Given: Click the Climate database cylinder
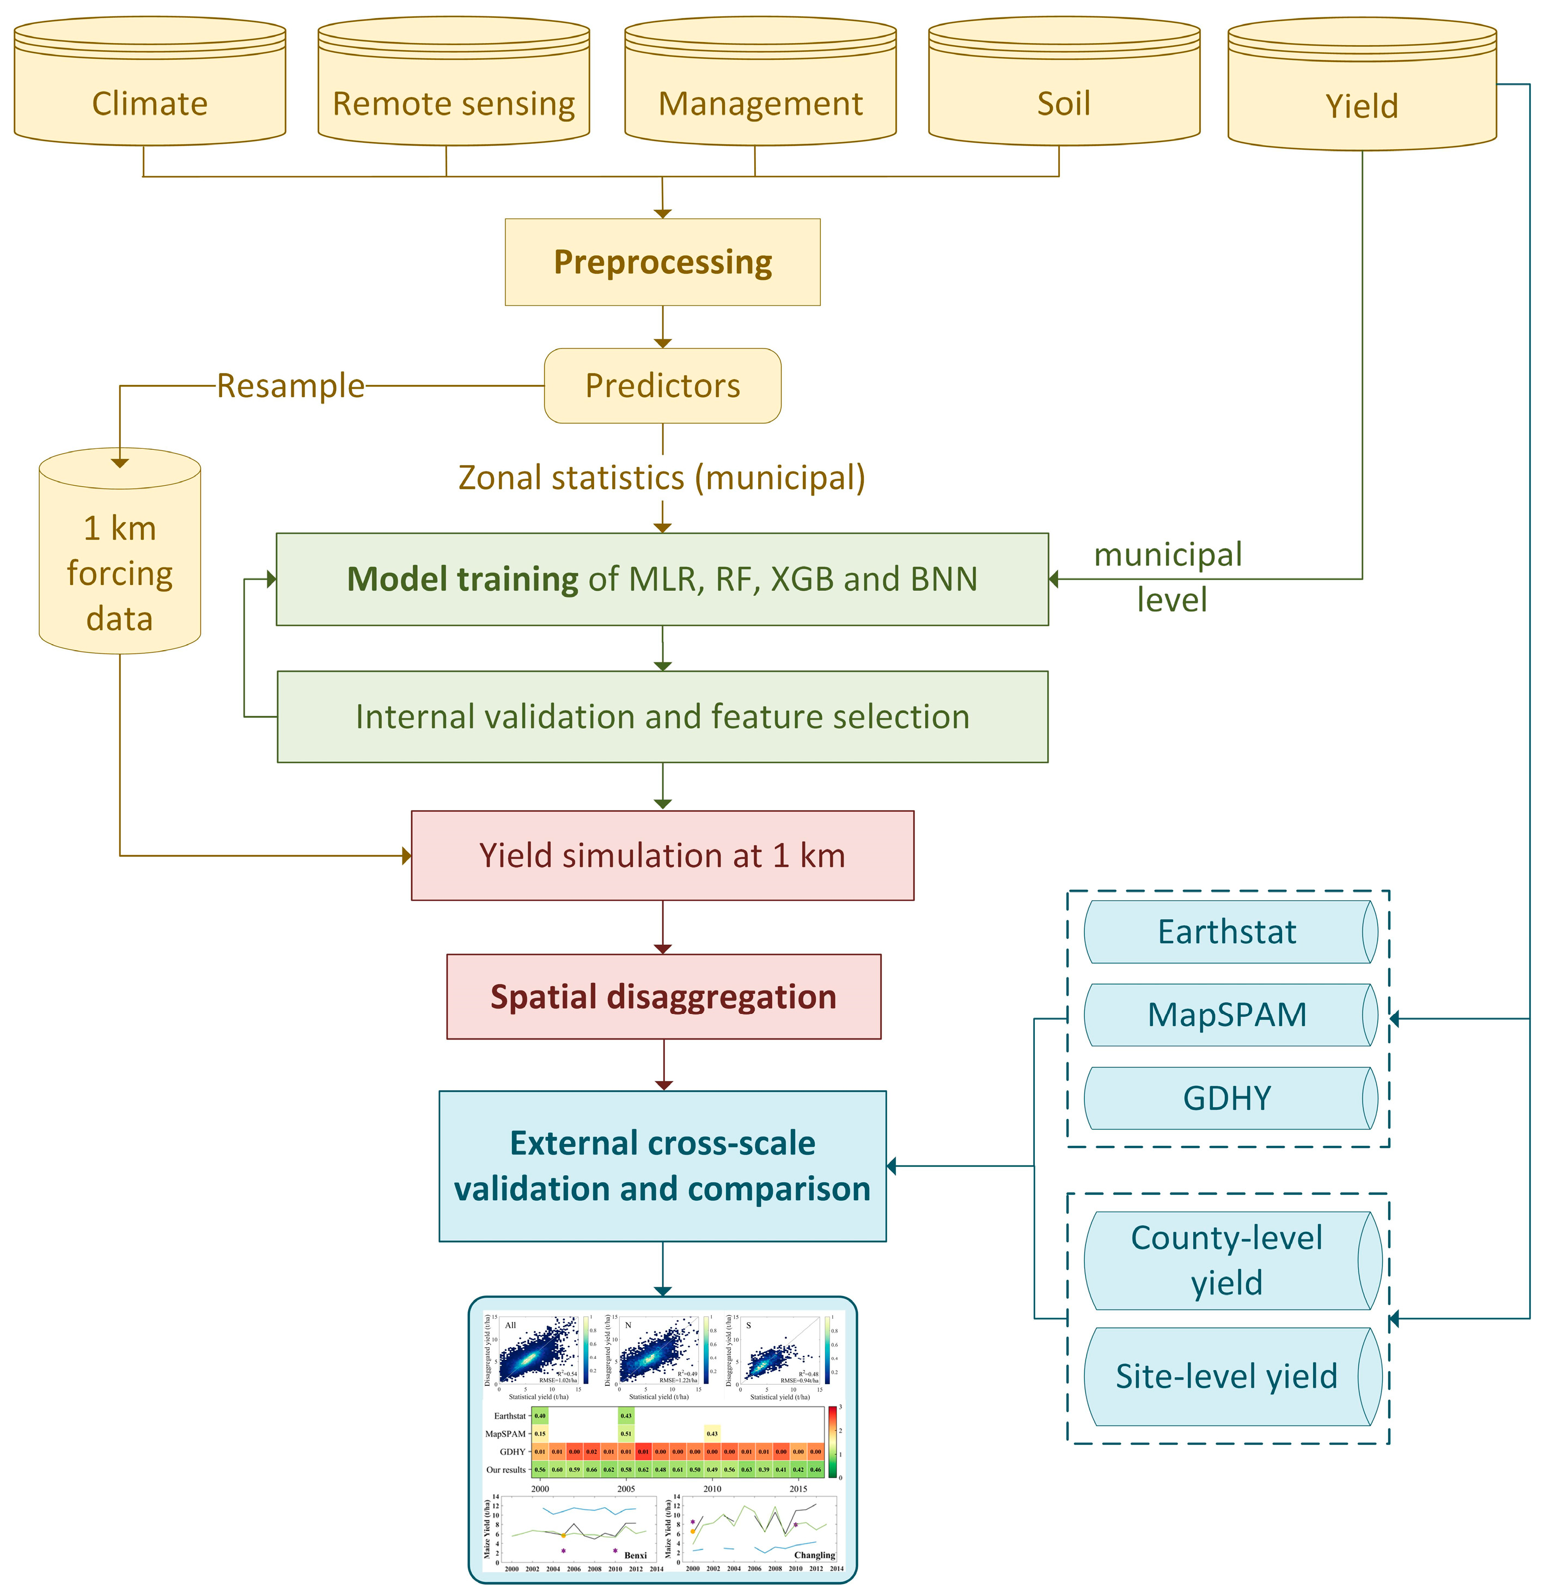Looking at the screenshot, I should tap(150, 89).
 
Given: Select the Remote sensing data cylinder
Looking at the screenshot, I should tap(453, 89).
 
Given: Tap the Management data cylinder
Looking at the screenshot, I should tap(760, 89).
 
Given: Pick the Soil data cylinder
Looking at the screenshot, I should tap(1064, 89).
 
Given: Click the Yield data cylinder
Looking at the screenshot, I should tap(1362, 94).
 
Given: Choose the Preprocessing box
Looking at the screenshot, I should tap(662, 262).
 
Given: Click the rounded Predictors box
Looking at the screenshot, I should tap(662, 386).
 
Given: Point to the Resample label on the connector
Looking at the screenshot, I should tap(291, 386).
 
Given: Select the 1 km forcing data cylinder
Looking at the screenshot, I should tap(120, 561).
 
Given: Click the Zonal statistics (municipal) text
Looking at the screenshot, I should tap(662, 478).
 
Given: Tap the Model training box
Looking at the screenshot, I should tap(662, 579).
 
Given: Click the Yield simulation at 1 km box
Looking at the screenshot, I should tap(662, 855).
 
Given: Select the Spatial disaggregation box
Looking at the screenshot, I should tap(663, 997).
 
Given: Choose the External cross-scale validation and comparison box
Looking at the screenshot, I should tap(662, 1165).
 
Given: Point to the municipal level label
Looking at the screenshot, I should tap(1170, 577).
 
